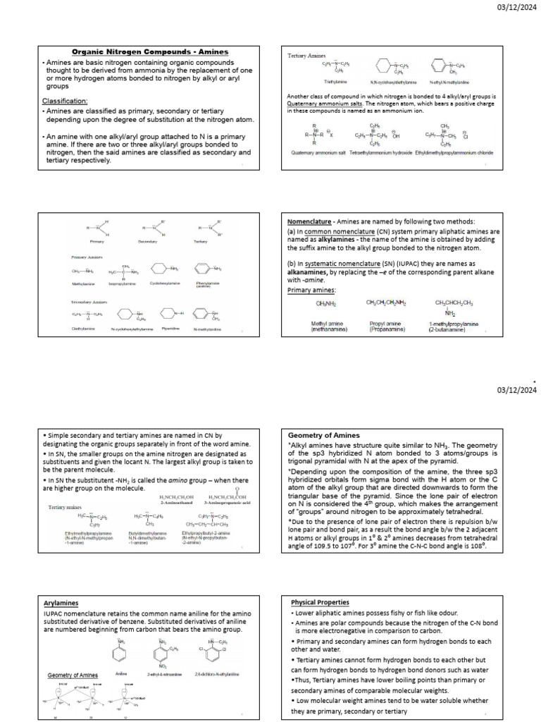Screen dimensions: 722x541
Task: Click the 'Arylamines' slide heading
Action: [60, 603]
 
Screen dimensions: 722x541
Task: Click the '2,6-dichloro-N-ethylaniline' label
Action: [210, 674]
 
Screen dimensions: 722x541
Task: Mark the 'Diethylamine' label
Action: [84, 329]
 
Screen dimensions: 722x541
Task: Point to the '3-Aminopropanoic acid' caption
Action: [222, 503]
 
